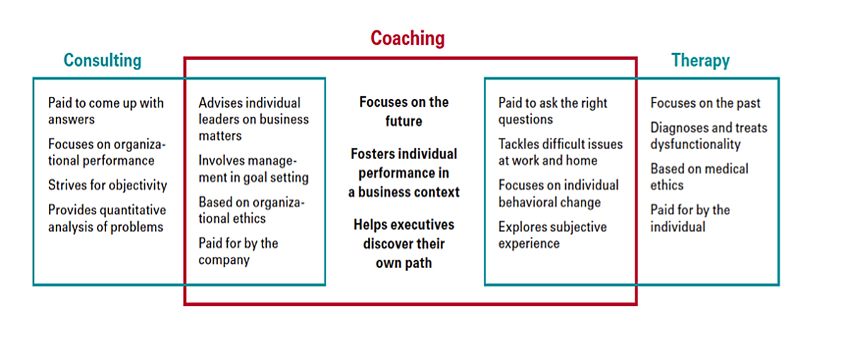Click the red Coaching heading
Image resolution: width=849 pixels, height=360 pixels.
click(408, 38)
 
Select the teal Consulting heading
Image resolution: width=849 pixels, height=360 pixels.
click(103, 60)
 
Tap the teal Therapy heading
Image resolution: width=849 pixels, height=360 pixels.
click(700, 60)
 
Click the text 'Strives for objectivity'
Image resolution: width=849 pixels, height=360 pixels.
click(108, 185)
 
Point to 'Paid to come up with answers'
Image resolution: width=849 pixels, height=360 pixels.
click(105, 110)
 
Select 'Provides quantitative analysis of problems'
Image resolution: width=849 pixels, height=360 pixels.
click(107, 219)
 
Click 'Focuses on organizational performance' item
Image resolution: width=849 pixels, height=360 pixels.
click(107, 152)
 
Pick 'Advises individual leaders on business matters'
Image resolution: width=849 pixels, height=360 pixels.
click(253, 119)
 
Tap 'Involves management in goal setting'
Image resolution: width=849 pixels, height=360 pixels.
click(253, 169)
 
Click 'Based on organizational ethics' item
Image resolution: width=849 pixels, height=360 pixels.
click(252, 210)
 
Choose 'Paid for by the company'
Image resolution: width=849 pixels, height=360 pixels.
click(238, 252)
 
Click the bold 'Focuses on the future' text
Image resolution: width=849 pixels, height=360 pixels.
click(404, 112)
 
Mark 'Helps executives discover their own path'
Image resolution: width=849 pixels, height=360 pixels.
click(404, 244)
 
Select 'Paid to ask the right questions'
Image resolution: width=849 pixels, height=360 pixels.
click(553, 110)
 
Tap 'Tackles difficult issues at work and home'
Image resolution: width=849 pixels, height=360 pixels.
click(560, 152)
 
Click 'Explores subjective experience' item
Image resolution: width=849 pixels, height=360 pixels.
click(553, 235)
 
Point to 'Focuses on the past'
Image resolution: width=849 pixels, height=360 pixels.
click(705, 103)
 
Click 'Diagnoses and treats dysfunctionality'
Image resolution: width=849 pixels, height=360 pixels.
click(709, 136)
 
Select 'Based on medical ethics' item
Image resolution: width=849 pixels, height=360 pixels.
click(699, 177)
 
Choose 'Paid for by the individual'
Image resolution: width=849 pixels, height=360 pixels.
click(691, 219)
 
